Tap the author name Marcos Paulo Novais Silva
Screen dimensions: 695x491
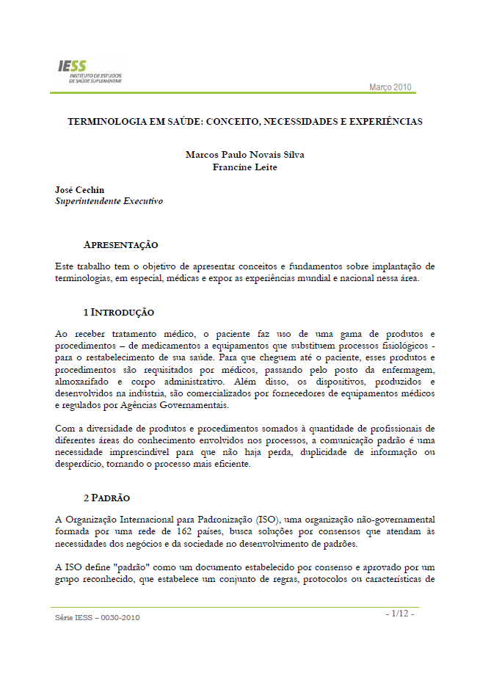(x=244, y=154)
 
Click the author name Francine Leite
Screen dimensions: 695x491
(x=244, y=167)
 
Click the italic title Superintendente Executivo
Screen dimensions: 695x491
(x=109, y=200)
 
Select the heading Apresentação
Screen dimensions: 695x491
(x=120, y=244)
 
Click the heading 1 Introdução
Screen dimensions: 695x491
(x=118, y=312)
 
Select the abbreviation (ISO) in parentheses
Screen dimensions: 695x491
(x=272, y=519)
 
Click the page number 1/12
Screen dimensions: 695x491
(x=400, y=613)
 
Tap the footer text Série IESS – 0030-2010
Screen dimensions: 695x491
(x=97, y=617)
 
